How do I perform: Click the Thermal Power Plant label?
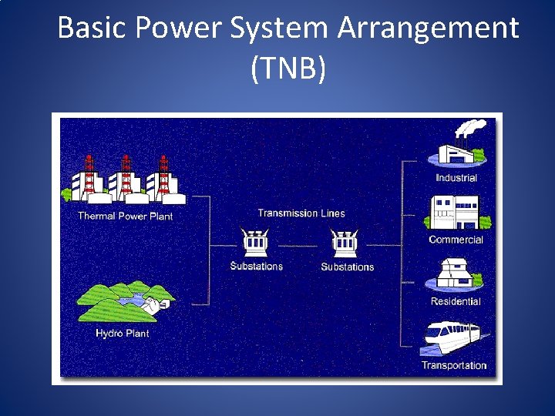(125, 216)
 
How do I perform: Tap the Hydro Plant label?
(122, 334)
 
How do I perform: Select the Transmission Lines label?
(301, 213)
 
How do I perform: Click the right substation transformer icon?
(345, 242)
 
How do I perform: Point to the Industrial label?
(456, 178)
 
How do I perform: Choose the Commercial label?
(456, 240)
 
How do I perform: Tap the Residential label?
(456, 301)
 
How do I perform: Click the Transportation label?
(454, 365)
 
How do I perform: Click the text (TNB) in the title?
(288, 69)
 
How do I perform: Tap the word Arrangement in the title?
(428, 29)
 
